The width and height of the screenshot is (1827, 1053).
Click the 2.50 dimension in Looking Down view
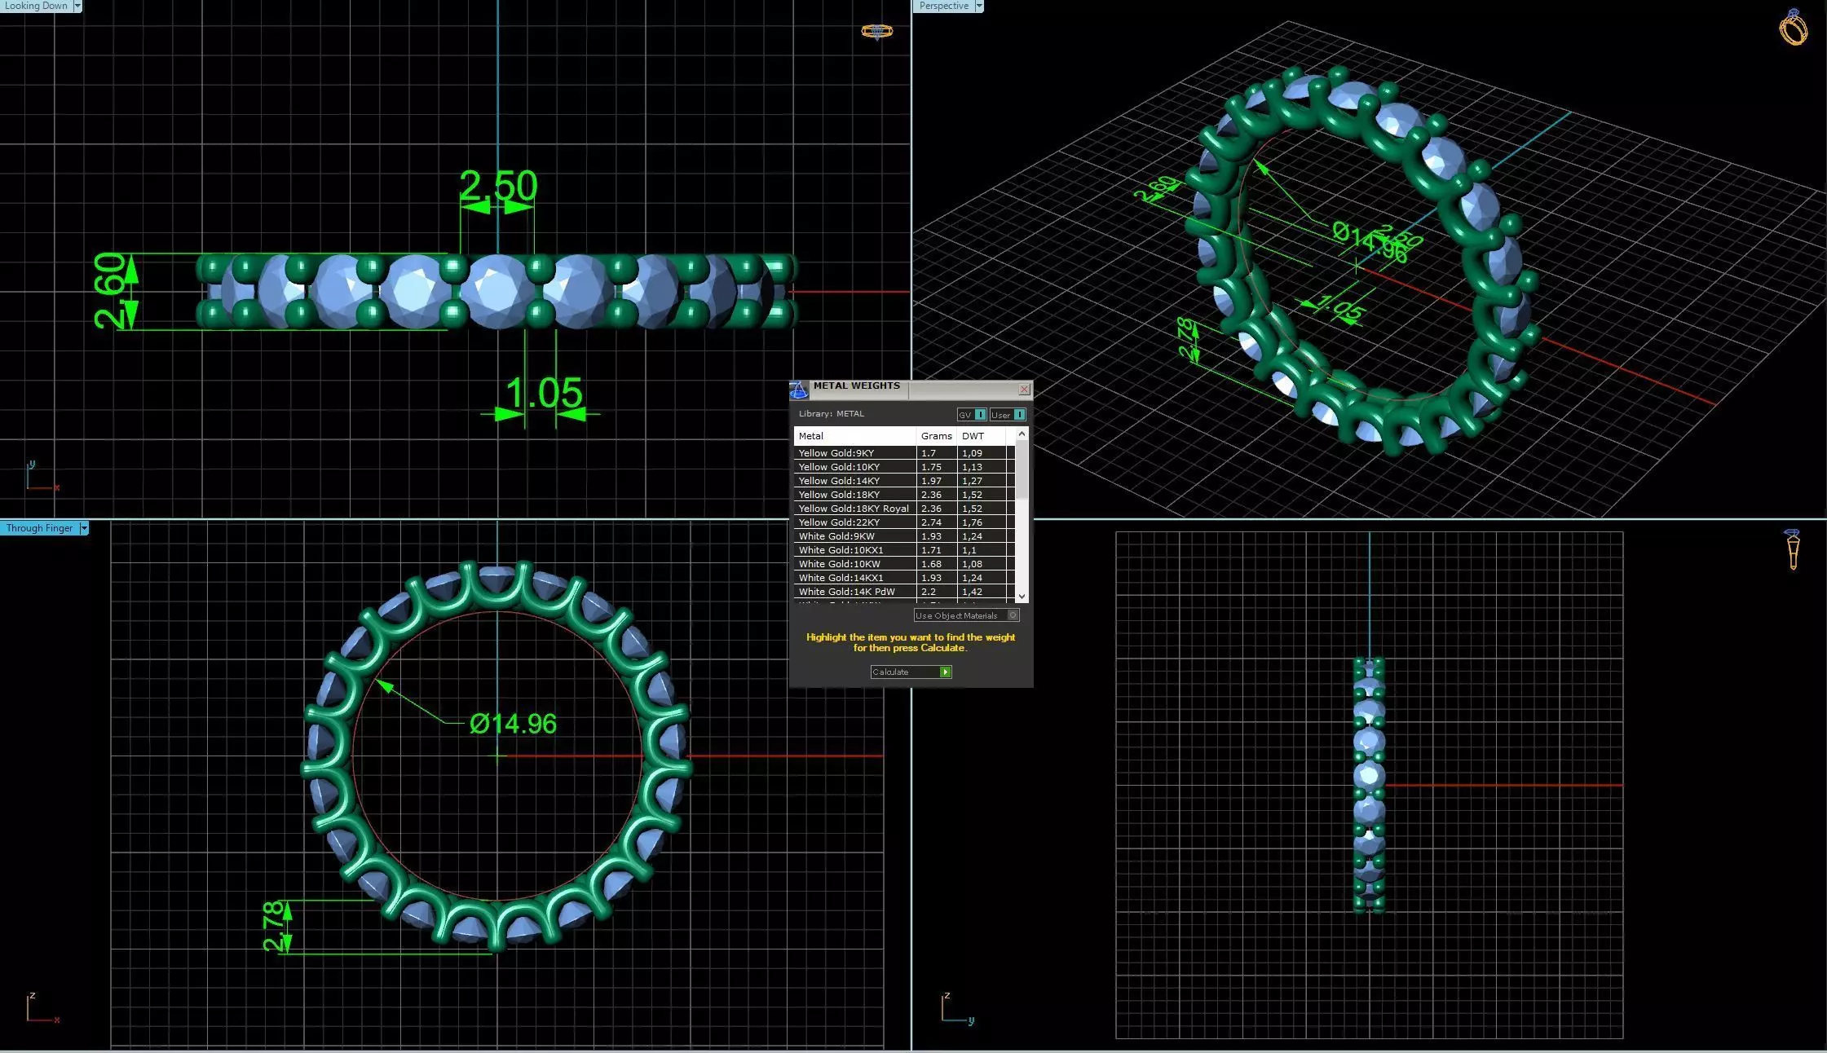[498, 186]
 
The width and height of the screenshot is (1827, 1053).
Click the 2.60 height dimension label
[109, 291]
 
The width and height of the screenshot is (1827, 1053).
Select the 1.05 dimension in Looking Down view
[544, 394]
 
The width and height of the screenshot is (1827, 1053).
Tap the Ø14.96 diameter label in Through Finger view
[513, 724]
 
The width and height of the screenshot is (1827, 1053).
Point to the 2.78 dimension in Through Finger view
[275, 927]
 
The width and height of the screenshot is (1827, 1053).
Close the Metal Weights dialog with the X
[1024, 390]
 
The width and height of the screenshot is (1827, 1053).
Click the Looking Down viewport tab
[36, 6]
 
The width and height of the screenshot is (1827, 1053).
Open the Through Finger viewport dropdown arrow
[83, 528]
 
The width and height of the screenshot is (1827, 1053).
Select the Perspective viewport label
[943, 6]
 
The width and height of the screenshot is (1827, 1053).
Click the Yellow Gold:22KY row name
[839, 522]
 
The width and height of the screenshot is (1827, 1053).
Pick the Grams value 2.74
[931, 522]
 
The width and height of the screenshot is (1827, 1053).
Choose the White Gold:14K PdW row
[846, 592]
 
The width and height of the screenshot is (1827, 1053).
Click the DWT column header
[973, 436]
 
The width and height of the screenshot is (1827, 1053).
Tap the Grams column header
[936, 436]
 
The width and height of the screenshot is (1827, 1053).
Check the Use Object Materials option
[1013, 615]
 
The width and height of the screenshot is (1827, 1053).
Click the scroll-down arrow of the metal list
[1022, 597]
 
